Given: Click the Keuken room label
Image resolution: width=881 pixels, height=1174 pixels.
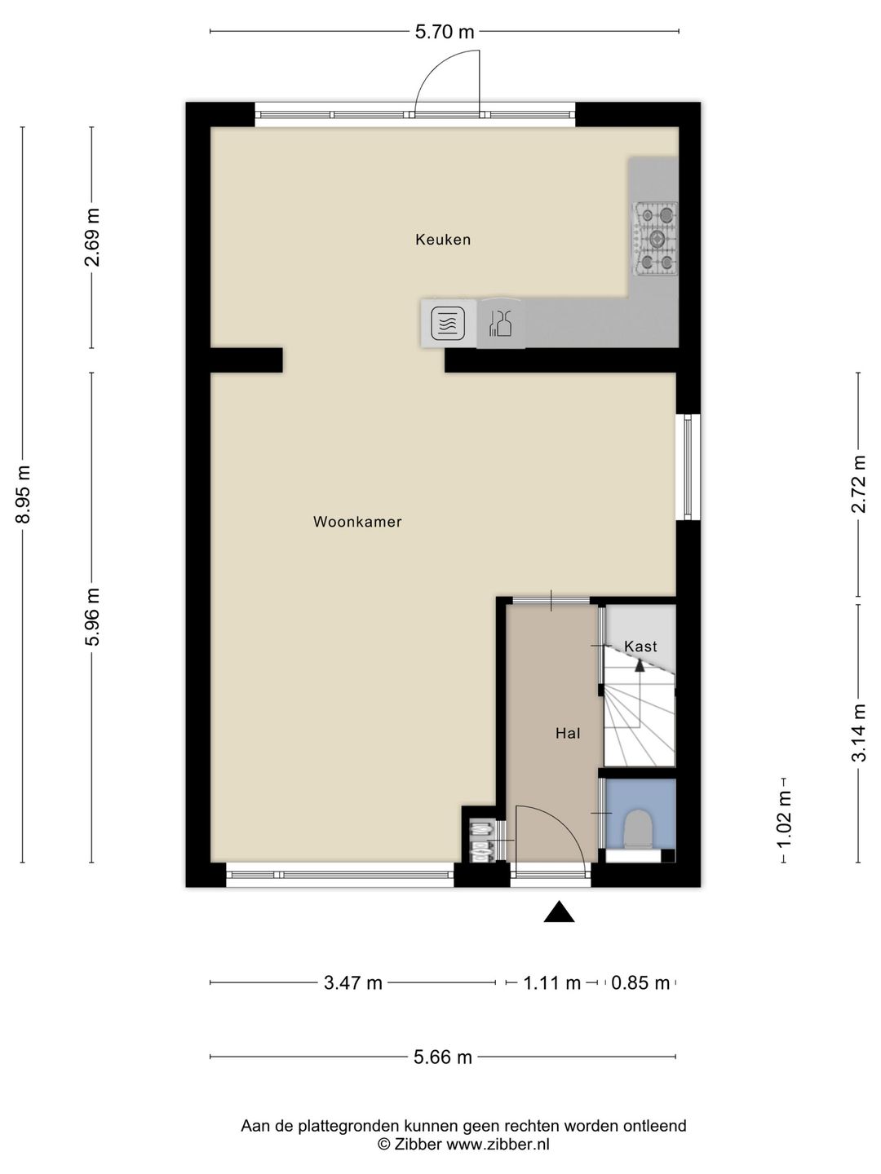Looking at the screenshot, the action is (443, 240).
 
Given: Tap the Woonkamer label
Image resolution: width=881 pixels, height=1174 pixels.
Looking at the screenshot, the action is (357, 522).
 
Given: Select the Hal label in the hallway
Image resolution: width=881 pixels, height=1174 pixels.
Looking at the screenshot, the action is (568, 733).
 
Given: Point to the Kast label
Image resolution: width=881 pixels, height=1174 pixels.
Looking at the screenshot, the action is (640, 647).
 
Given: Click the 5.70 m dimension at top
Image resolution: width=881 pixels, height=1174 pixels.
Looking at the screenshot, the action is (445, 32).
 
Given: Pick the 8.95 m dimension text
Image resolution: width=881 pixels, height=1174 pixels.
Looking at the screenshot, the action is (23, 495).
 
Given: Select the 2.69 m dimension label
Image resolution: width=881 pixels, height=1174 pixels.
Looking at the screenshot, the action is (92, 237).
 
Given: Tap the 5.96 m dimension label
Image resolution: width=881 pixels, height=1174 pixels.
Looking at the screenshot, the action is (92, 617).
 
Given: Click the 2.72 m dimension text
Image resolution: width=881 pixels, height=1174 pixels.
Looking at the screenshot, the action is (858, 484).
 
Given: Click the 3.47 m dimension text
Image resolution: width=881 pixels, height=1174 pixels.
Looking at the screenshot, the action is (353, 983).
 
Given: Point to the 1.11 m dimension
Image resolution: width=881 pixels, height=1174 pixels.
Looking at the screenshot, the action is (551, 983).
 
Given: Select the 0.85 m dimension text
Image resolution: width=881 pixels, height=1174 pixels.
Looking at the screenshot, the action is (640, 983).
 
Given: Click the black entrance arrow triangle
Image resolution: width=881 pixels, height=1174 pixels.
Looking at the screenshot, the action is (559, 912).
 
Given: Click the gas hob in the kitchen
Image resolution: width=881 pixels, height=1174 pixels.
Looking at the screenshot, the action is (656, 239).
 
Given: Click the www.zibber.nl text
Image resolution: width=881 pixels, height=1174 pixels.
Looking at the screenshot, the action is (498, 1145).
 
